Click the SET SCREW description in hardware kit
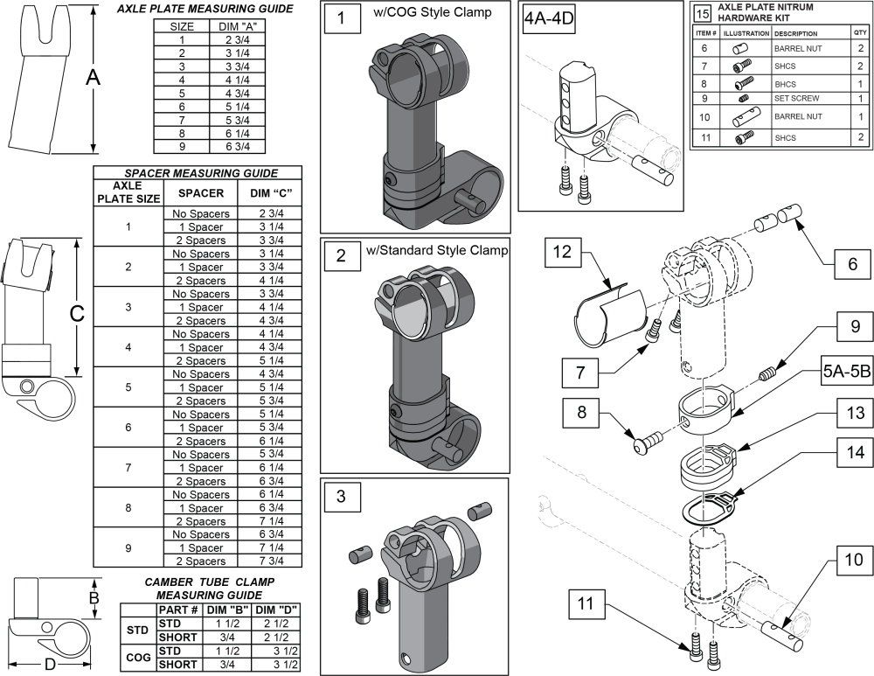point(796,98)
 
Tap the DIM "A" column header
point(239,26)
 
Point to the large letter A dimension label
point(93,77)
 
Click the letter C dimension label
point(76,313)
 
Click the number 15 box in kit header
point(702,13)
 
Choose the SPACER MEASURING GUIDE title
point(197,173)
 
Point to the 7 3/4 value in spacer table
point(275,561)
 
